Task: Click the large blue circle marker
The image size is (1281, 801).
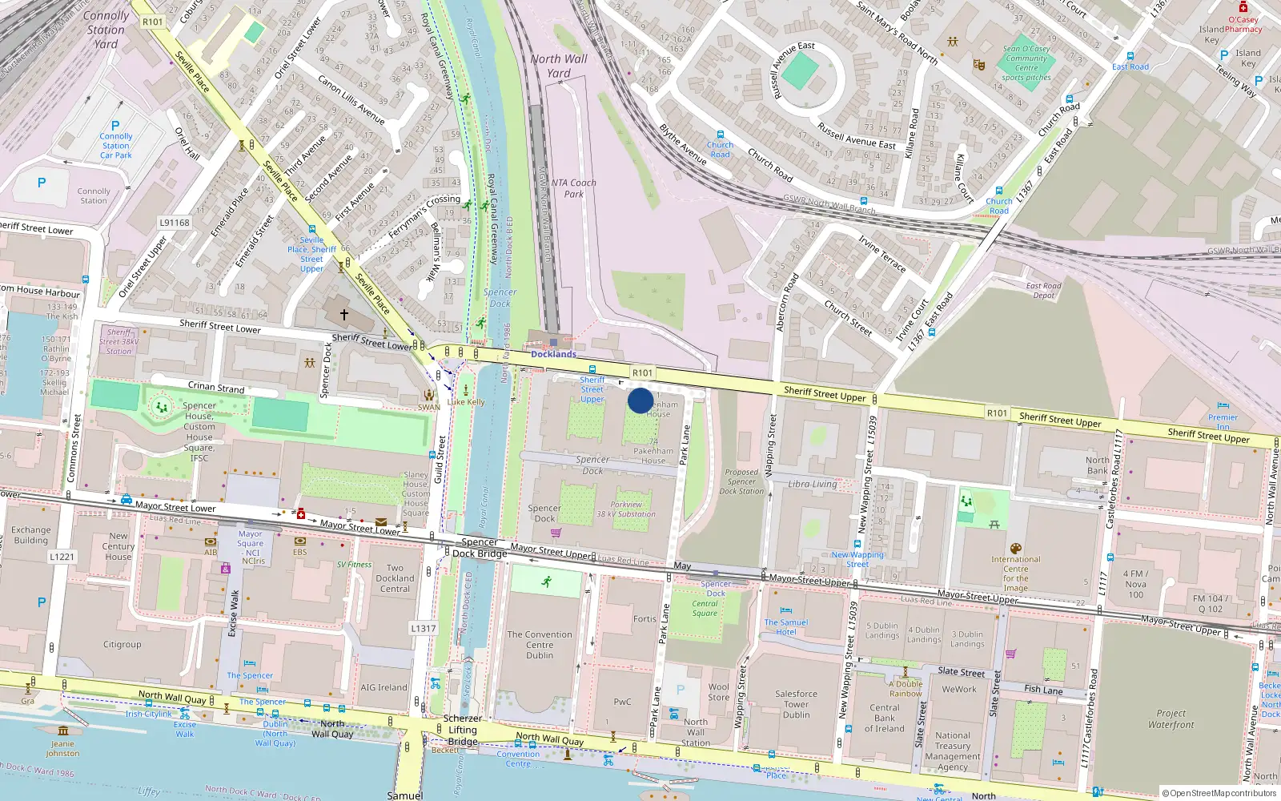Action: coord(640,400)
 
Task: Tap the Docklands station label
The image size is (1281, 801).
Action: coord(553,354)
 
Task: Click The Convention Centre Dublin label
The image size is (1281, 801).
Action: coord(540,645)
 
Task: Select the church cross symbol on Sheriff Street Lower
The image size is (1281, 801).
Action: coord(344,315)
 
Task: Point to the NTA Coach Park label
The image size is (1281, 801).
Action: coord(574,188)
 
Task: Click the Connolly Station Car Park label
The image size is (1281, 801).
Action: coord(116,146)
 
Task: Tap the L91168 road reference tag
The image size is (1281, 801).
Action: coord(175,223)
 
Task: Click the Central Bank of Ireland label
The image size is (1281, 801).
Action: coord(884,718)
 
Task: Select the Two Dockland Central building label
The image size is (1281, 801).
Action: coord(395,578)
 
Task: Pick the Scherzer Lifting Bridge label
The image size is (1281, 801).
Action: coord(463,730)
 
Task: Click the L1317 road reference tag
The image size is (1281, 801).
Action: coord(424,628)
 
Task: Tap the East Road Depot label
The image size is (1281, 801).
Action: coord(1044,291)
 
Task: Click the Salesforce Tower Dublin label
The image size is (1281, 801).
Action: coord(796,704)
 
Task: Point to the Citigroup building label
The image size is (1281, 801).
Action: coord(122,644)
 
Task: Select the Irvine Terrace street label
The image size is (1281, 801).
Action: coord(881,254)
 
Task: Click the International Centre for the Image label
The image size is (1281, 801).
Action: coord(1015,574)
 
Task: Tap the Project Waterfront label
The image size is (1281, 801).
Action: coord(1171,718)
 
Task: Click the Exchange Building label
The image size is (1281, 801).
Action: coord(31,535)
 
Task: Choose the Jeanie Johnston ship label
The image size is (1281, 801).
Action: coord(62,748)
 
